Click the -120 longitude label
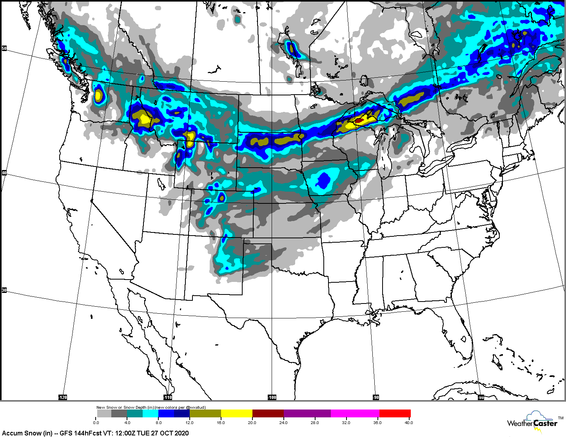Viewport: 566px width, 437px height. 63,397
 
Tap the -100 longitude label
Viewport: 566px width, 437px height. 272,397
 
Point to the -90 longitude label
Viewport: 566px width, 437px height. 376,397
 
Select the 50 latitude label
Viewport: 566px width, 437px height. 4,48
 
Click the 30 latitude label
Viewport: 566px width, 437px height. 4,290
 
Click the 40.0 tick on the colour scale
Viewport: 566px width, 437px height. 408,423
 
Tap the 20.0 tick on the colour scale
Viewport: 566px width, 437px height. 252,423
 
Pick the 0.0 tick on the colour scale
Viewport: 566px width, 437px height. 96,423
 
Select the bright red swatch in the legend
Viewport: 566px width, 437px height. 395,413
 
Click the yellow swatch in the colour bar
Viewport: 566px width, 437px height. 236,413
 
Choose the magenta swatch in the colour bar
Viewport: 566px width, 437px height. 355,413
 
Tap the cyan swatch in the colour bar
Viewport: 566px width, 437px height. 150,413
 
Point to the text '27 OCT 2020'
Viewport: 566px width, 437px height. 170,433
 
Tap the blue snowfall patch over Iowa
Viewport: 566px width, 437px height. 324,180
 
